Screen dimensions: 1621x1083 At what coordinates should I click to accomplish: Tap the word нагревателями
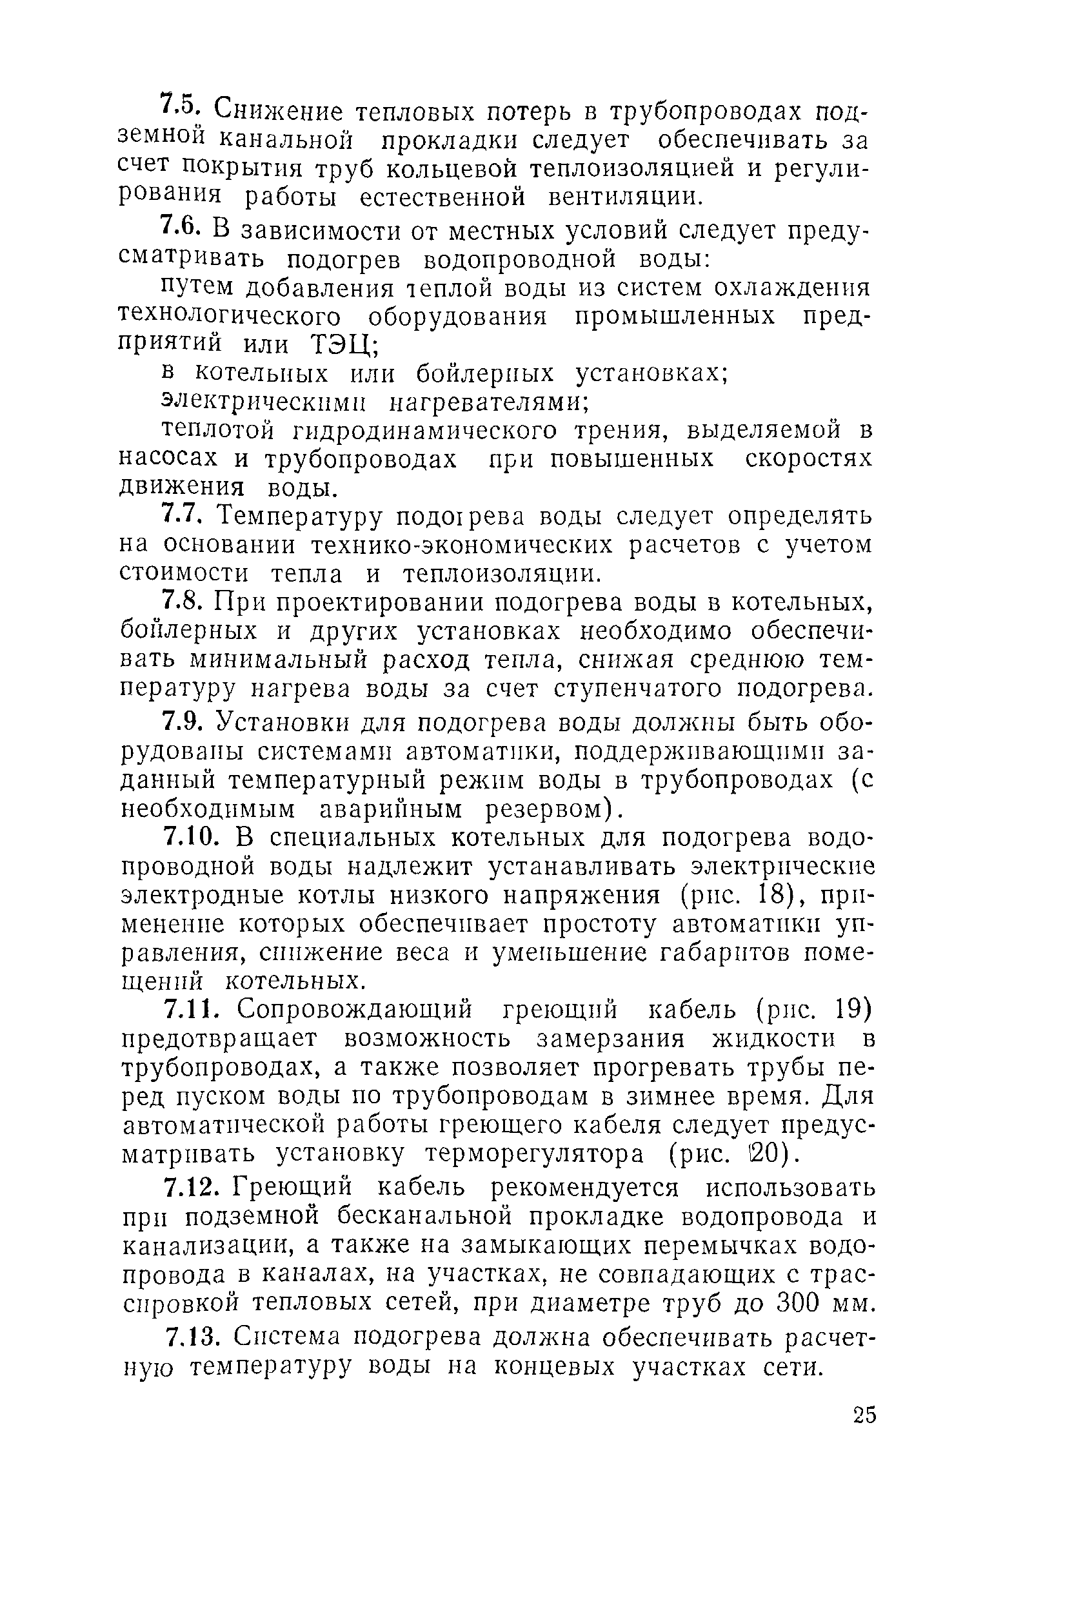tap(490, 402)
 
